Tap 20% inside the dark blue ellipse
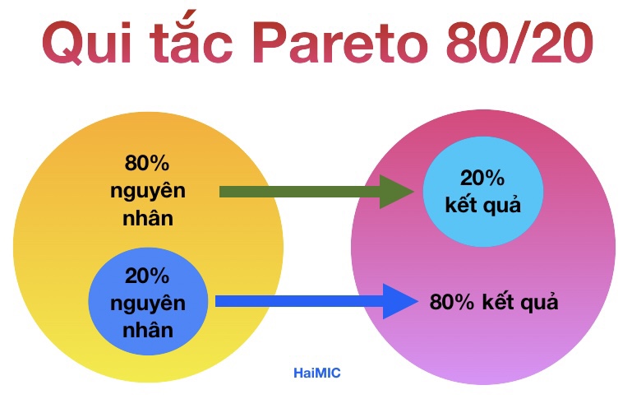(x=147, y=276)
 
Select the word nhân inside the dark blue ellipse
(x=147, y=332)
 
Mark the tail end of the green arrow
(x=222, y=193)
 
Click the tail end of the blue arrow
(x=218, y=302)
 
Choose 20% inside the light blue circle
(x=482, y=177)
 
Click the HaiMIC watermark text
(x=316, y=373)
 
